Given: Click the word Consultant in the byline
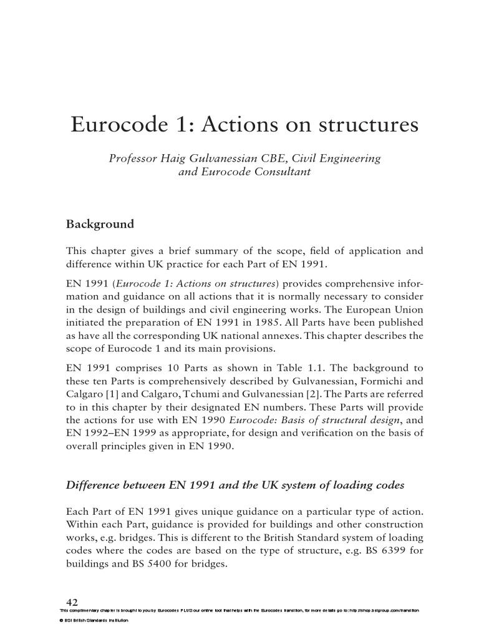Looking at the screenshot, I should [279, 172].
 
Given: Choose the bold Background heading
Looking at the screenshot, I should [100, 223].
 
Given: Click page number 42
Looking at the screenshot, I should [72, 602].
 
